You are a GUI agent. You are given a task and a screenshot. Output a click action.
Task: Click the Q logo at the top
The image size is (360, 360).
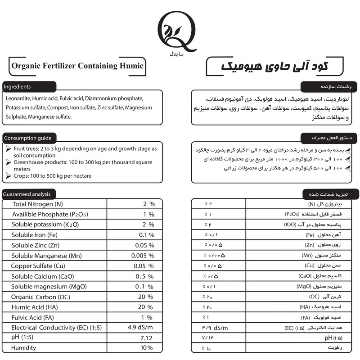pos(179,34)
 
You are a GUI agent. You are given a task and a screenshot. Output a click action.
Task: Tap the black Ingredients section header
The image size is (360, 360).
pos(29,86)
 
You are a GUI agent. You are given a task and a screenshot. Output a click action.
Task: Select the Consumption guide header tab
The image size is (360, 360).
pos(29,138)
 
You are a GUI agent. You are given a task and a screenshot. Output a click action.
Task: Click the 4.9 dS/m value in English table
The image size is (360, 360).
pos(140,327)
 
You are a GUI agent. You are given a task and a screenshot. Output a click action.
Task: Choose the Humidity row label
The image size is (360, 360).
pos(24,348)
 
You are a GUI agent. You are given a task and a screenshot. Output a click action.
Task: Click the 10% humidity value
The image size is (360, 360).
pos(146,348)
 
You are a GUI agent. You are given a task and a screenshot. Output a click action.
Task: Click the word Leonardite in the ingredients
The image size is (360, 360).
pos(19,99)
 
